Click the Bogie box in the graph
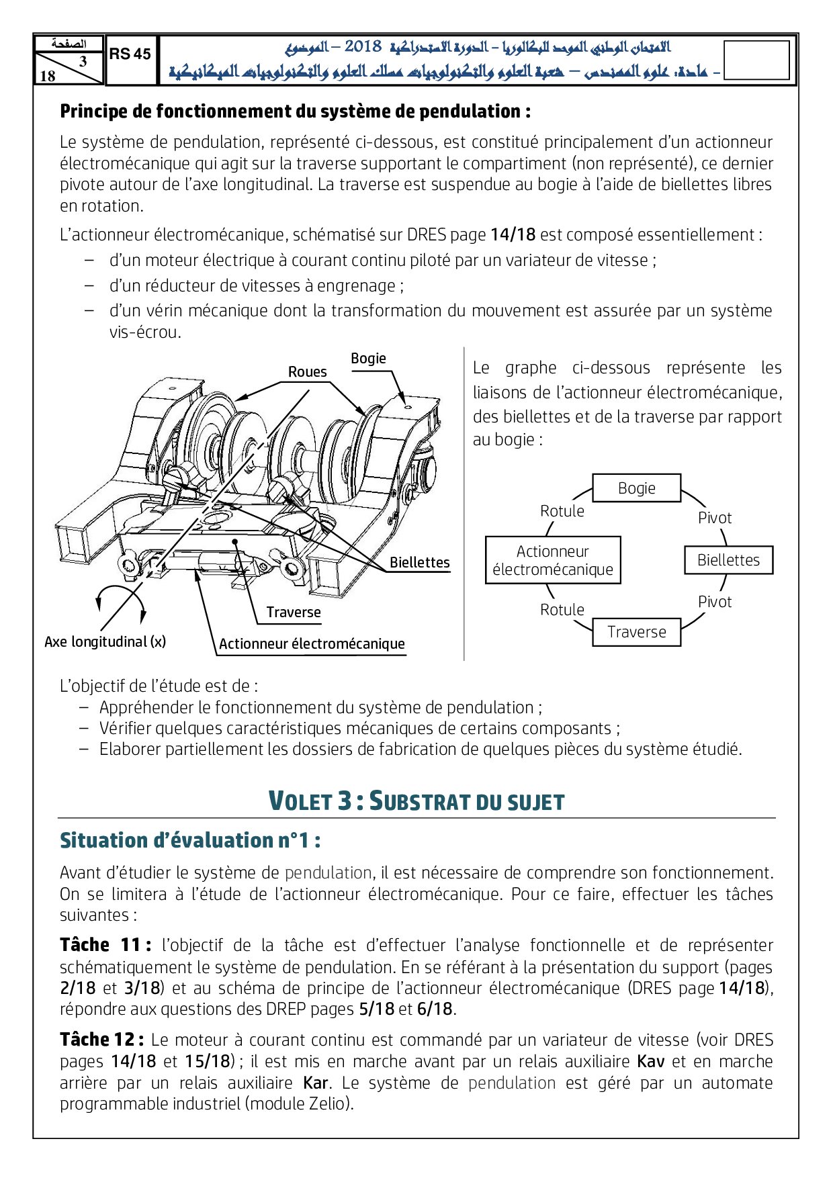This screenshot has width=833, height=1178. [x=636, y=488]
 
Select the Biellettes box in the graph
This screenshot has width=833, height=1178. [x=728, y=560]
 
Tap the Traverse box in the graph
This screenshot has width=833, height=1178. [x=636, y=632]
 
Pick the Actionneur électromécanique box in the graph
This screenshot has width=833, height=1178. [x=553, y=560]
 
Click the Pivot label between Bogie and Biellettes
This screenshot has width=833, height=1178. [x=714, y=518]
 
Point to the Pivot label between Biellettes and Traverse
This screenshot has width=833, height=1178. [x=714, y=602]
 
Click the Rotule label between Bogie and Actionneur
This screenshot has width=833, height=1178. [x=562, y=511]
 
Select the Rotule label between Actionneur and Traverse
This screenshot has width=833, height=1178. [x=562, y=610]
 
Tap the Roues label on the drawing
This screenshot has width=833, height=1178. [x=307, y=372]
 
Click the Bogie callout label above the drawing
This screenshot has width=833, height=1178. [x=368, y=359]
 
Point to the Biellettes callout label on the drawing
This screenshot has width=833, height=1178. [x=420, y=563]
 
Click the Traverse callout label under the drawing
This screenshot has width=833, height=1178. [x=294, y=613]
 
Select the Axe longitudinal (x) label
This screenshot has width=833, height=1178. [x=105, y=642]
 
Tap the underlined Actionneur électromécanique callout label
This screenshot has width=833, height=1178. [x=312, y=644]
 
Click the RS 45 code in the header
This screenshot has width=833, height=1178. [x=130, y=54]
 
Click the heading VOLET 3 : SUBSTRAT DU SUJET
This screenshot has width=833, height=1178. [x=416, y=801]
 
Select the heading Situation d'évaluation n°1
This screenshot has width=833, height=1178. [x=190, y=841]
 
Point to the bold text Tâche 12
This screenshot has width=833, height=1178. [x=101, y=1040]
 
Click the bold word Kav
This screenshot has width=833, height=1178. [x=651, y=1062]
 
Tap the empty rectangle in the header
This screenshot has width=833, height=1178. [x=756, y=60]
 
